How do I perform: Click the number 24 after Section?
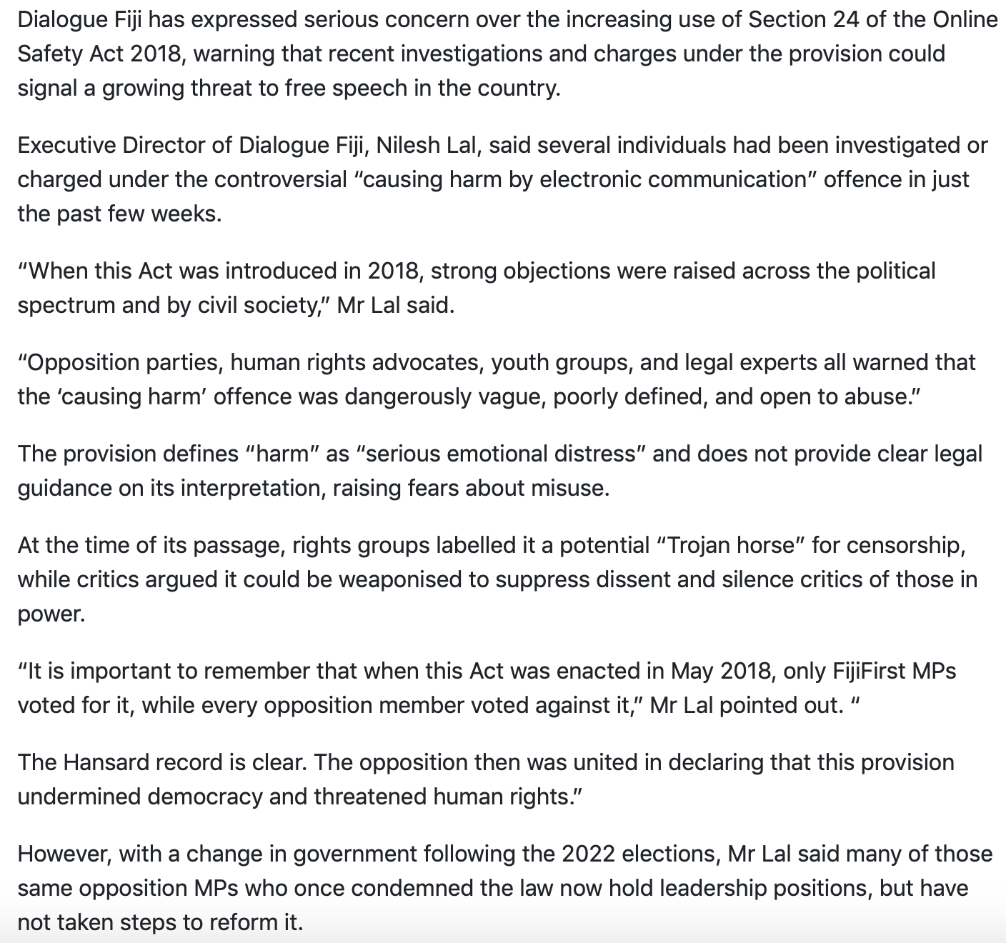(845, 19)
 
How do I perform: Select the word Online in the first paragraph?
(965, 19)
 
